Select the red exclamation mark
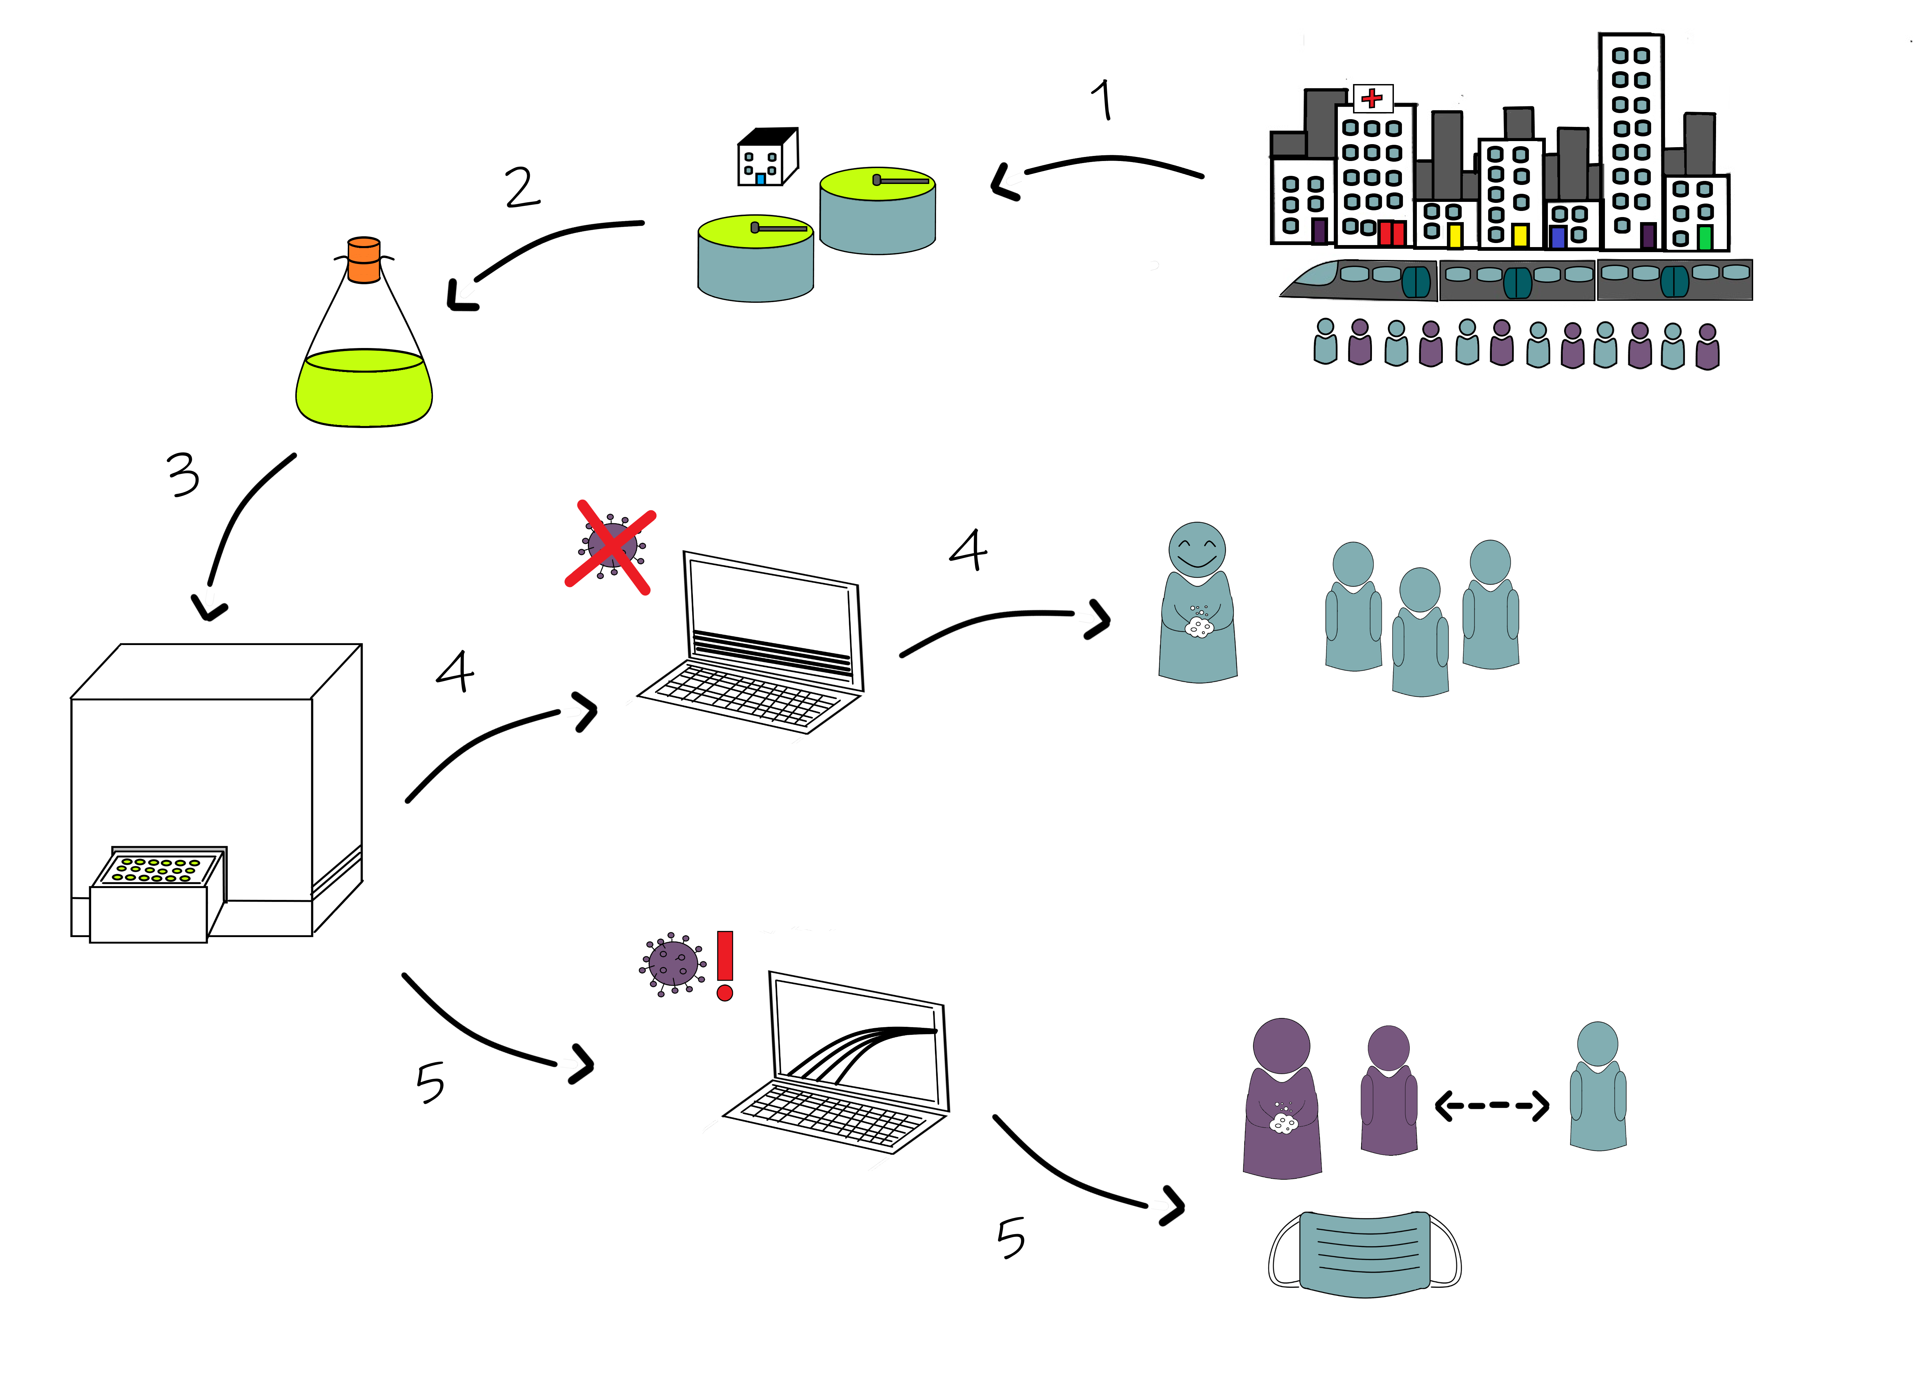click(x=725, y=964)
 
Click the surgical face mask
click(x=1365, y=1254)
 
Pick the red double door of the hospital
click(x=1392, y=233)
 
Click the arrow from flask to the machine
click(x=241, y=525)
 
